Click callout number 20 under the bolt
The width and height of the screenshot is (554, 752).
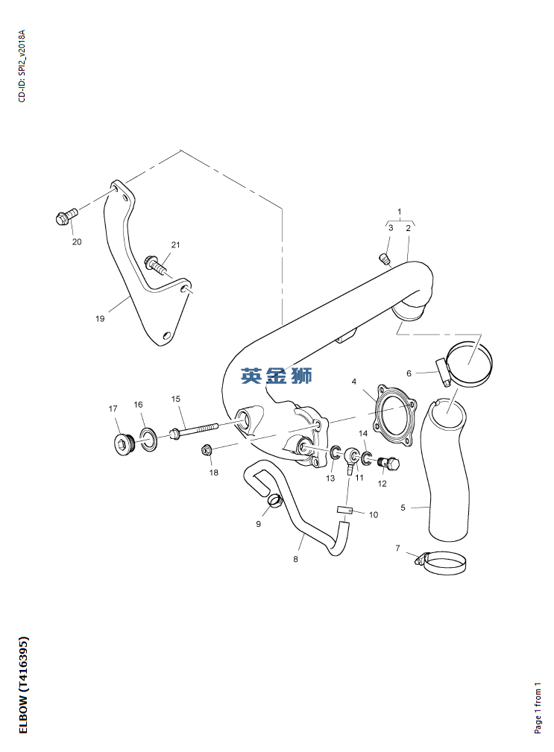point(77,241)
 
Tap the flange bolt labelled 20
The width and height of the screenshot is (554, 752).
point(66,216)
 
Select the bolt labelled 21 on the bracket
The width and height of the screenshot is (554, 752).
point(155,265)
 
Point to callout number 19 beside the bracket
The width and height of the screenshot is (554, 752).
point(100,318)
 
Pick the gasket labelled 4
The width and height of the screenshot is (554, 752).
point(394,416)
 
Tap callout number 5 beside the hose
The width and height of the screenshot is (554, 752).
point(403,508)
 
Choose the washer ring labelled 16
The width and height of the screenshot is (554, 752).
point(148,440)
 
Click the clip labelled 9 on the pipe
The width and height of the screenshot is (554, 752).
point(275,501)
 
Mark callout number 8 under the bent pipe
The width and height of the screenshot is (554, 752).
point(295,559)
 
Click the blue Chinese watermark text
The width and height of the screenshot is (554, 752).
point(277,375)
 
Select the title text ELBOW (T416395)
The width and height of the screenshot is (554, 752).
point(24,685)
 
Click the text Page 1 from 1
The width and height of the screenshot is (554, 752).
point(538,708)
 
